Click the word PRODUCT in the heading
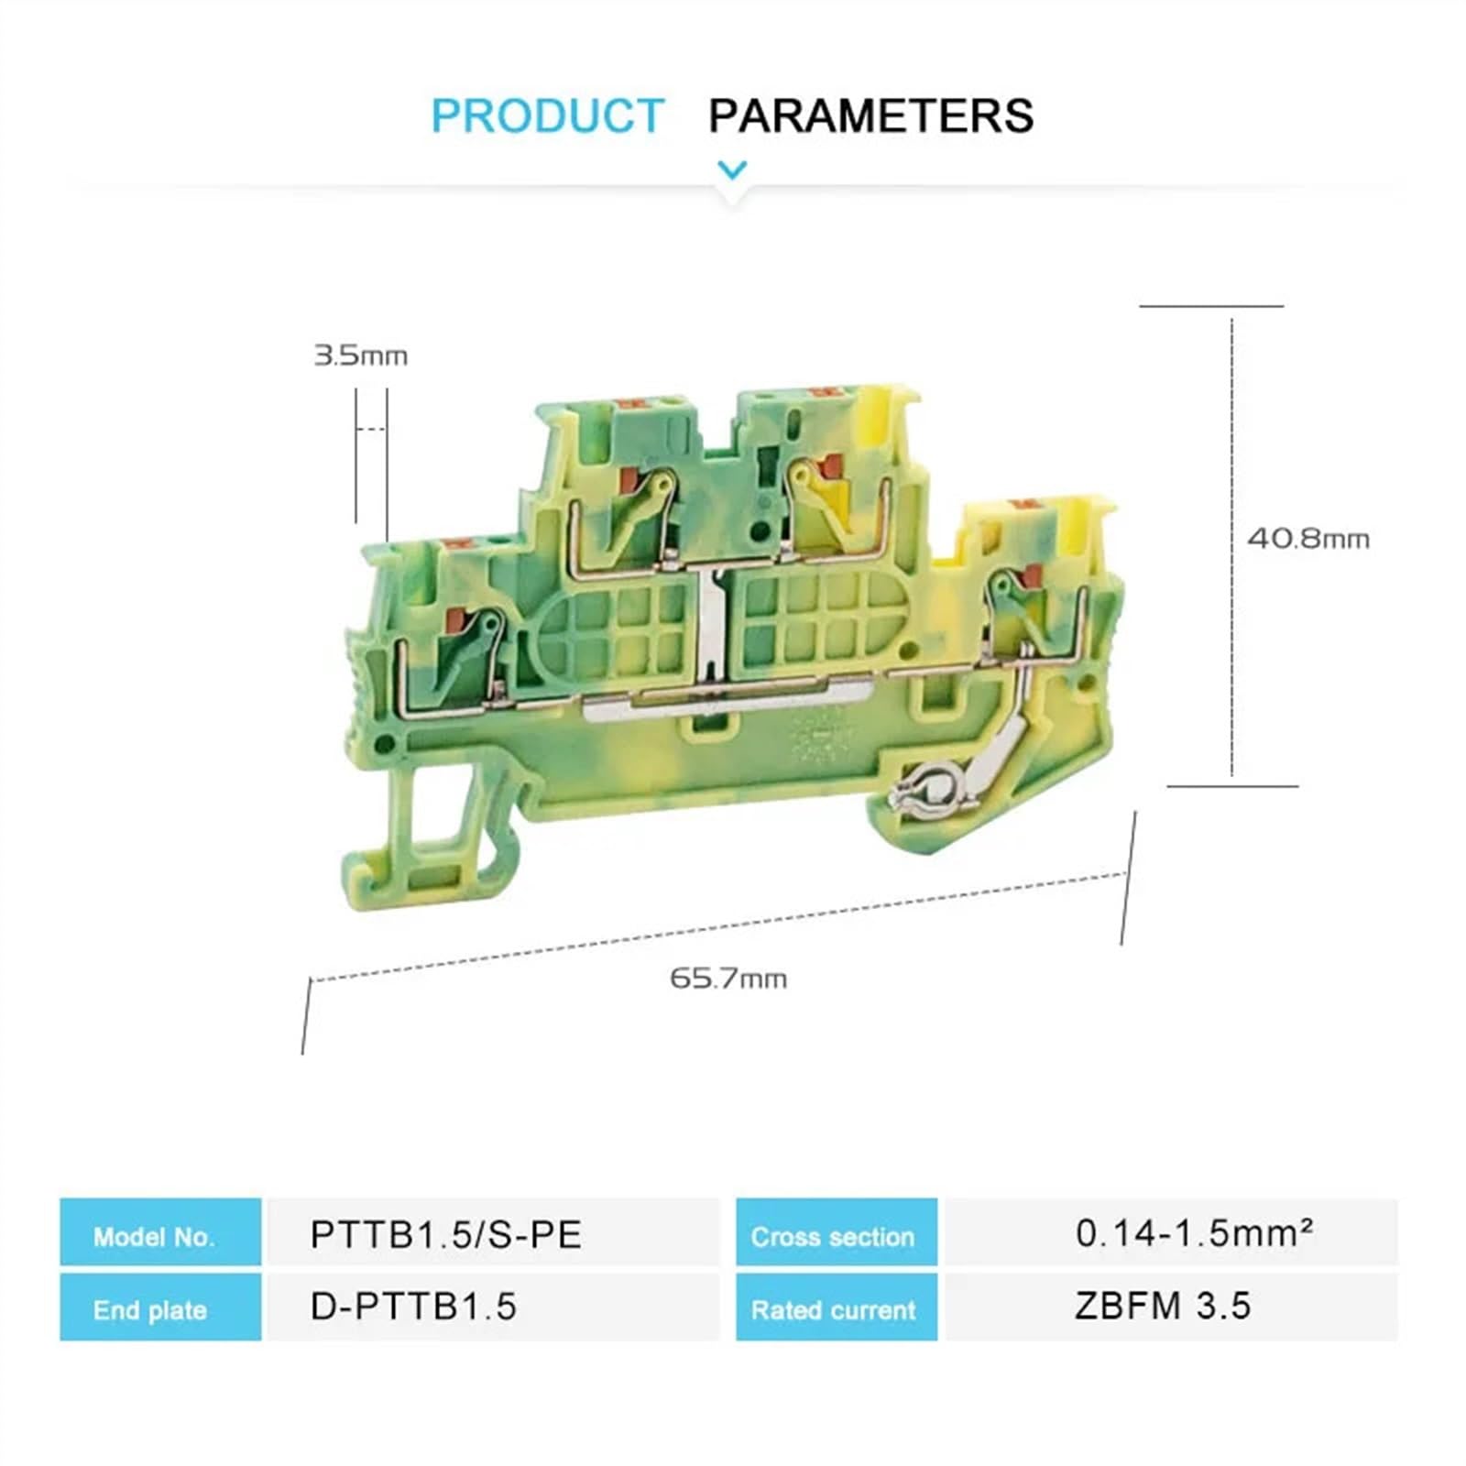(547, 116)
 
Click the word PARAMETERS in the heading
(870, 116)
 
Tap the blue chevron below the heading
(732, 170)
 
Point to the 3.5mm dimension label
(360, 356)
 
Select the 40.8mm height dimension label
(1307, 539)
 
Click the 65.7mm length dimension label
(728, 979)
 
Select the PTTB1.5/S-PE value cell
(446, 1235)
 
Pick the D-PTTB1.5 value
(413, 1307)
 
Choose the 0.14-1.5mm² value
(1194, 1233)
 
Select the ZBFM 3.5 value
(1162, 1307)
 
